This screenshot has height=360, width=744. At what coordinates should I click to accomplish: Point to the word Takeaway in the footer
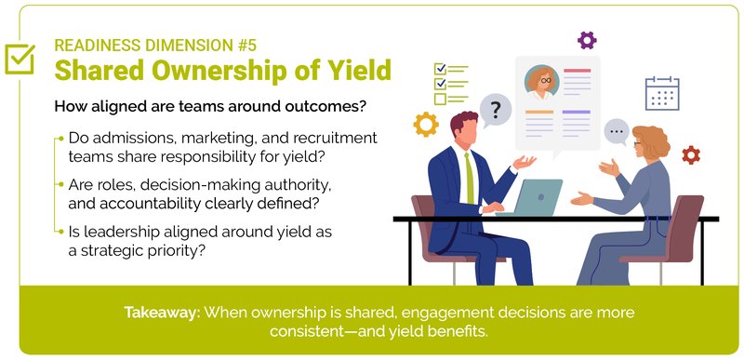coord(161,312)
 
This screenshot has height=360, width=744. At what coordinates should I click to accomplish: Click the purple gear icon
coord(587,39)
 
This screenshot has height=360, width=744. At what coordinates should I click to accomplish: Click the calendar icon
coord(662,93)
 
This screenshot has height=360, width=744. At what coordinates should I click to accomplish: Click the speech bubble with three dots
coord(616,132)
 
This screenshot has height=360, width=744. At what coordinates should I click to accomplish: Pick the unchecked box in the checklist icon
coord(440,99)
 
